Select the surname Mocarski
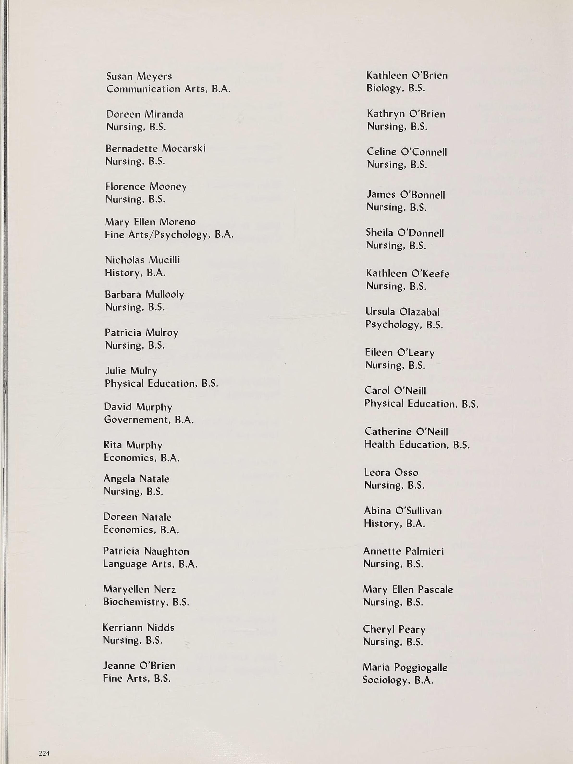tap(184, 148)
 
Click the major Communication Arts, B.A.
tap(168, 89)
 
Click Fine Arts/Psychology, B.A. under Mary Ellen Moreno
tap(169, 235)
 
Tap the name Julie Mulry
tap(131, 371)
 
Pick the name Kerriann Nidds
tap(138, 628)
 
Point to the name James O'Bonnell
tap(406, 195)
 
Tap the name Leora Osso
tap(391, 473)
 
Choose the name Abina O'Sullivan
tap(403, 511)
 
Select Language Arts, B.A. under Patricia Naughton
tap(150, 564)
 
